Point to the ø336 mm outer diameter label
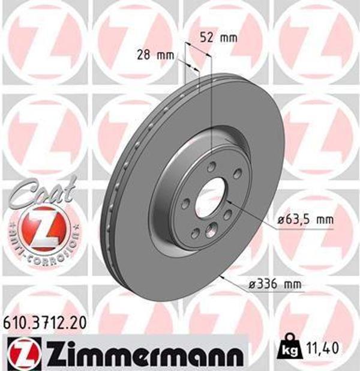(273, 283)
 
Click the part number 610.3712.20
(44, 324)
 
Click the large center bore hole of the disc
(211, 198)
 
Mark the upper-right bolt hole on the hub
(237, 174)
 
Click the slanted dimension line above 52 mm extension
(200, 48)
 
